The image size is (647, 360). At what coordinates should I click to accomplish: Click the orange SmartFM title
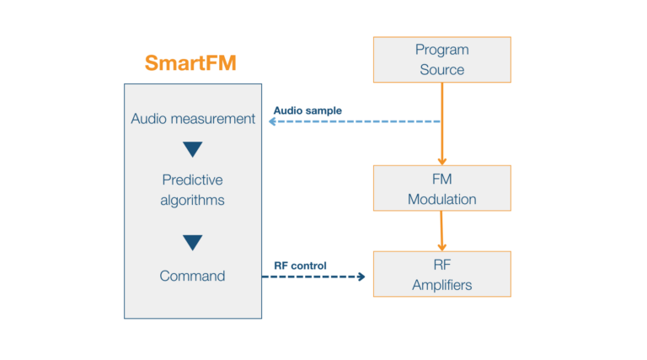click(x=190, y=63)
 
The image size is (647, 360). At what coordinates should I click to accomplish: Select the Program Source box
click(x=441, y=60)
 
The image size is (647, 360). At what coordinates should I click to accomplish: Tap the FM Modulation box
click(x=441, y=188)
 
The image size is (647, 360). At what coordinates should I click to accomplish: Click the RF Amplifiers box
click(x=441, y=274)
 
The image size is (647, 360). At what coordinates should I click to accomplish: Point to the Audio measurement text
click(x=193, y=119)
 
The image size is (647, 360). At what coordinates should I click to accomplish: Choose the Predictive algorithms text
click(x=193, y=190)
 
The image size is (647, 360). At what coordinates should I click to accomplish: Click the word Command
click(x=193, y=276)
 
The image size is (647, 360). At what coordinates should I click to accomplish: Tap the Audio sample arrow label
click(x=307, y=110)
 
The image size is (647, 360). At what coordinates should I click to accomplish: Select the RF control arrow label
click(x=300, y=266)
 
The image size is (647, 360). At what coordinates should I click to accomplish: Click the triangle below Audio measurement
click(x=193, y=149)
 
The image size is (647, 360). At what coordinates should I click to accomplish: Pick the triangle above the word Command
click(x=193, y=242)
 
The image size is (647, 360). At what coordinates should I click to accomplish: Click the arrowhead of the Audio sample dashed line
click(x=272, y=121)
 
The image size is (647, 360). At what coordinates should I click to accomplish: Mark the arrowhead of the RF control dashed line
click(x=362, y=276)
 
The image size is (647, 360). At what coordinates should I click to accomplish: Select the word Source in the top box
click(x=441, y=70)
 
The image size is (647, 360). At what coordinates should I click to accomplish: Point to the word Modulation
click(x=441, y=200)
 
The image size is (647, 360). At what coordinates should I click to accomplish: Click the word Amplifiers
click(x=441, y=285)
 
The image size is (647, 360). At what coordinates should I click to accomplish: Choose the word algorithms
click(x=193, y=201)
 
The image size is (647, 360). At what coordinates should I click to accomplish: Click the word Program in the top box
click(x=441, y=50)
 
